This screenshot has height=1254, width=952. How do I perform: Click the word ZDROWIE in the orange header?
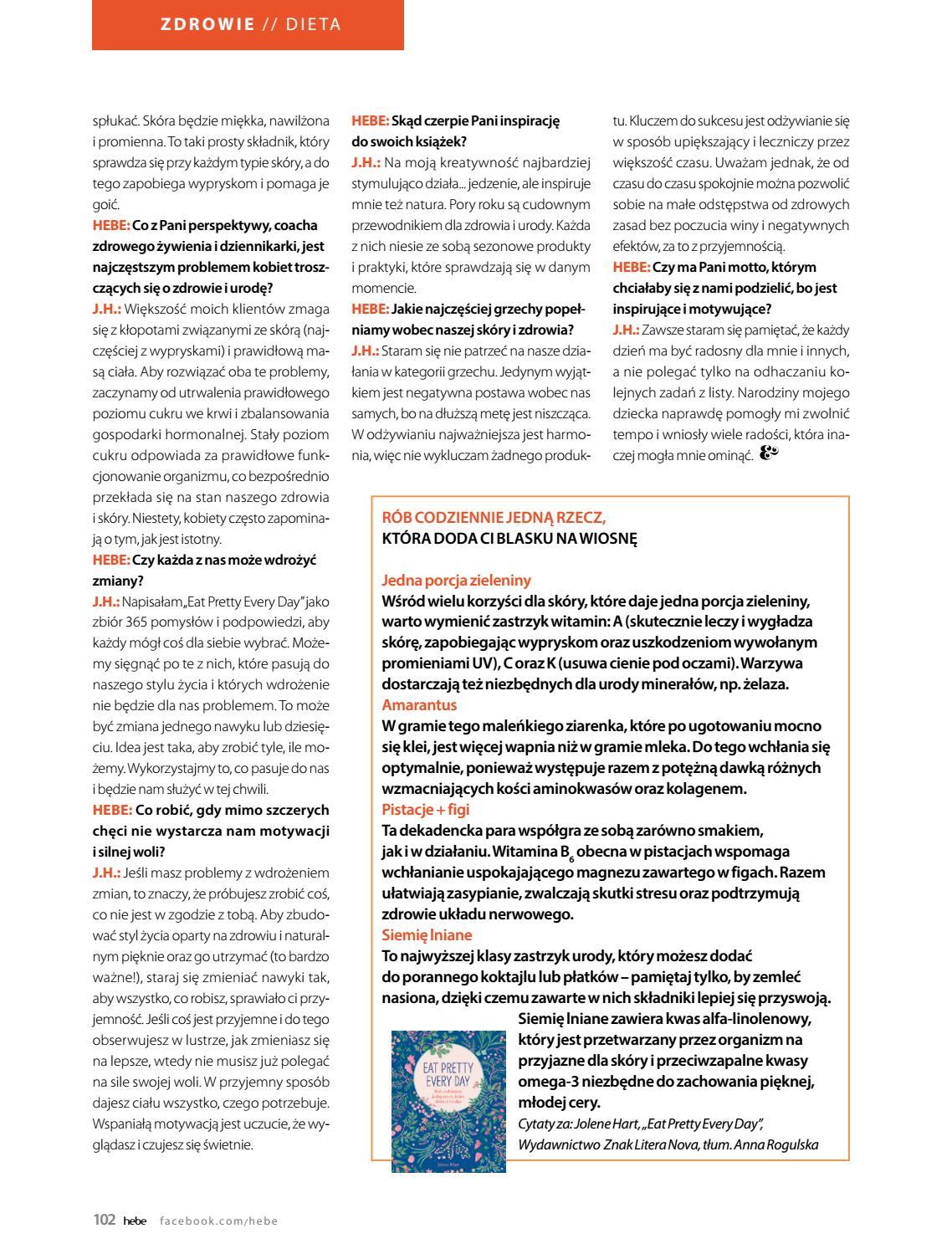207,24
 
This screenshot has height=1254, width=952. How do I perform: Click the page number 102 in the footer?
104,1220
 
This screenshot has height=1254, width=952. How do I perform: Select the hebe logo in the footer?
135,1221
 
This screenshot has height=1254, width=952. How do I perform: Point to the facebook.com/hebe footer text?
218,1221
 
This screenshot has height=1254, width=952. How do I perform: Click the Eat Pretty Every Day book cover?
448,1100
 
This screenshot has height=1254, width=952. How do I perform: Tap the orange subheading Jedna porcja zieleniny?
456,580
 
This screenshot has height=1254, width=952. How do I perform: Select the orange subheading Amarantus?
419,705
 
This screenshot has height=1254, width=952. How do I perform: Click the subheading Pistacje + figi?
425,809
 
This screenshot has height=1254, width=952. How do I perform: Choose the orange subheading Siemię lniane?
427,934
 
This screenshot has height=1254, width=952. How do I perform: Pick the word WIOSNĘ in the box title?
612,539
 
